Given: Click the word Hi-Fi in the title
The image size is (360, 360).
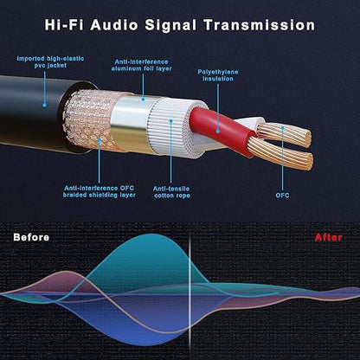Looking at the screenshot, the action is point(64,25).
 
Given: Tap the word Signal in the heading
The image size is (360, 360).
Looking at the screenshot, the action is point(172,26).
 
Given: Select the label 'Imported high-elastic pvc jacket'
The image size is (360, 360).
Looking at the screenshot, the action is point(50,62).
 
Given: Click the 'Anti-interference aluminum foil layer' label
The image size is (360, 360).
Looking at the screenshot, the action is point(141,65).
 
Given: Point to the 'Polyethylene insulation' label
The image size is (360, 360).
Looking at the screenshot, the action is point(218,75).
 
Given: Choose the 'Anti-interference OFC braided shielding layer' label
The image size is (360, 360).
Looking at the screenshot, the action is point(100,191).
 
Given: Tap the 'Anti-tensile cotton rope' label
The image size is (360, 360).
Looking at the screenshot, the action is point(171,192).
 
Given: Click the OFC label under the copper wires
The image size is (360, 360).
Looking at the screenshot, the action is point(282,196).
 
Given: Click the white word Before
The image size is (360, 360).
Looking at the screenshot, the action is point(31,237).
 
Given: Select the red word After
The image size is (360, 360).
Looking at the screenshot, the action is point(328,237).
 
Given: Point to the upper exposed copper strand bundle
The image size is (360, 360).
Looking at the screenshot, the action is point(284,134).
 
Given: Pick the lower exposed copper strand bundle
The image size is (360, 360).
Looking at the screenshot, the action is point(280,154).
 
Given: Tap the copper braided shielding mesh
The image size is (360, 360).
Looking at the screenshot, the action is point(89,120).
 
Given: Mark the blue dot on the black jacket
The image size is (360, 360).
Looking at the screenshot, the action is point(44,106).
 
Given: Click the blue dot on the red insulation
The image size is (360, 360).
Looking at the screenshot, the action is point(218,132).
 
